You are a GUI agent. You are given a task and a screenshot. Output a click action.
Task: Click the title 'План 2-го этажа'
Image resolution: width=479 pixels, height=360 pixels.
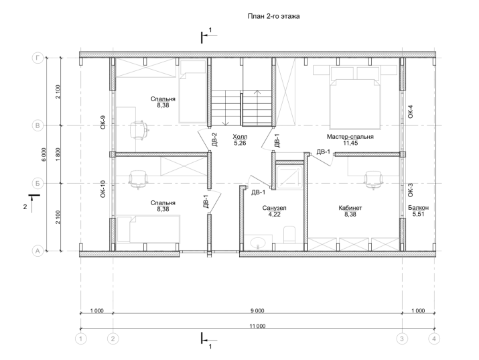tap(273, 16)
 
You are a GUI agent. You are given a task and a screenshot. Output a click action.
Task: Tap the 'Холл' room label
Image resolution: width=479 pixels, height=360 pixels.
tap(240, 136)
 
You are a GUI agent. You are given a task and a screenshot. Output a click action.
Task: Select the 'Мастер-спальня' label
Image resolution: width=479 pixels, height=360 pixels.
tap(350, 137)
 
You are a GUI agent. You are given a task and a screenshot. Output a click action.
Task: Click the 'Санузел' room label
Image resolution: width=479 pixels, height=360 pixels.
tap(274, 208)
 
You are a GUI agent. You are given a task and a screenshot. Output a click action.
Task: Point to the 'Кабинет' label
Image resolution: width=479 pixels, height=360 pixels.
tap(350, 208)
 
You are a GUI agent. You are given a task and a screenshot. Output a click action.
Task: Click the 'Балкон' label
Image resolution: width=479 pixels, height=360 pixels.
tap(418, 208)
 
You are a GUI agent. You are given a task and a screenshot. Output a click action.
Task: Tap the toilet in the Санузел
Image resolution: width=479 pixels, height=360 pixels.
tap(289, 235)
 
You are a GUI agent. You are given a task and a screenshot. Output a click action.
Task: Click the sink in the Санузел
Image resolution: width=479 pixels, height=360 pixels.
tap(258, 243)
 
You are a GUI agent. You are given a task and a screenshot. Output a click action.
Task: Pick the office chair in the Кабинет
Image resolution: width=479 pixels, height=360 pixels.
tap(373, 180)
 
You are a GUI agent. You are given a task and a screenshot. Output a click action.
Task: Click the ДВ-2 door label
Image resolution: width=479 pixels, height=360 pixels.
tap(214, 139)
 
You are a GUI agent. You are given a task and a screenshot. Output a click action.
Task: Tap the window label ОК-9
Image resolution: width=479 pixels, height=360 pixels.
tap(103, 122)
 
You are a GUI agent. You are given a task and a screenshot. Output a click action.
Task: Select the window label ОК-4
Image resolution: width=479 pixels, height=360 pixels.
tap(410, 111)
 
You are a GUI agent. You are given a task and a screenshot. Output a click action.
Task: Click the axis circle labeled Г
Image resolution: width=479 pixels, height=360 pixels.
tap(38, 58)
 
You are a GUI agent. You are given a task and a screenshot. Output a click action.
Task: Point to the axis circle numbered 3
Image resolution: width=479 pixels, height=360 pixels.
tap(402, 339)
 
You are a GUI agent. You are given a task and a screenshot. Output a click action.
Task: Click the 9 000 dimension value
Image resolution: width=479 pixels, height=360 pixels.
tap(257, 311)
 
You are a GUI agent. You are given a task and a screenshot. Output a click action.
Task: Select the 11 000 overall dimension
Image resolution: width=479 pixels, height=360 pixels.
tap(257, 326)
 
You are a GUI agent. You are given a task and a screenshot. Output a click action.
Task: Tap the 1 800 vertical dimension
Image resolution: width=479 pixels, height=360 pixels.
tap(58, 154)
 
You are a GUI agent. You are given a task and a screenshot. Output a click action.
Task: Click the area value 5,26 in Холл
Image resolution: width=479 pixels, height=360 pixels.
tap(240, 143)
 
